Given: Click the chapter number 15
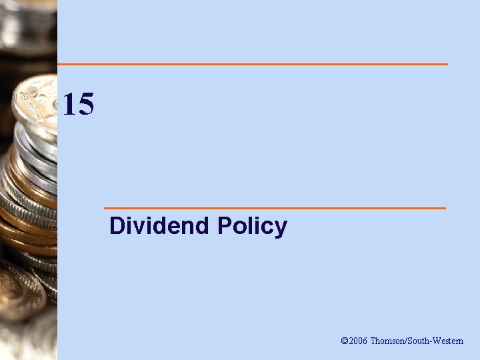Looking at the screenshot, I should point(78,105).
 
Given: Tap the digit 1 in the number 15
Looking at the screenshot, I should point(69,105).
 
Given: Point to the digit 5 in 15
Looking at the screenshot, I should point(86,105).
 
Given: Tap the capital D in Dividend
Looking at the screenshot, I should point(117,226).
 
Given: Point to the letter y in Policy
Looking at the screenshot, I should point(281,229).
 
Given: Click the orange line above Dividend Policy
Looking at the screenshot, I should point(275,208).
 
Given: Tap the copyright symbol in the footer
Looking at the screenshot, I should point(345,341).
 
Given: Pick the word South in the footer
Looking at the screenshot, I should point(417,341).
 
